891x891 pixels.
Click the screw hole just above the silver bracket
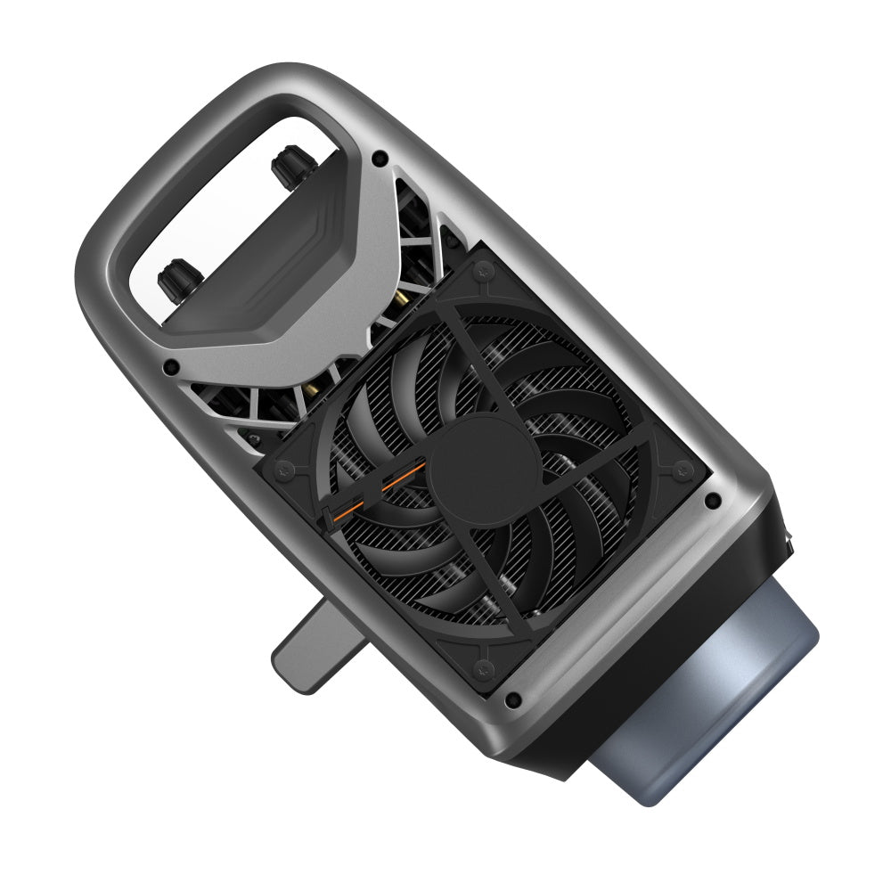pyautogui.click(x=380, y=158)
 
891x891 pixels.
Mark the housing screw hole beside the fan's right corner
pyautogui.click(x=712, y=502)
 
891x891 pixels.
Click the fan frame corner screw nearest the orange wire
pyautogui.click(x=289, y=468)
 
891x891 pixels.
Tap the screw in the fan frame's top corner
pyautogui.click(x=484, y=267)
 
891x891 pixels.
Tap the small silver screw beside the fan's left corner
pyautogui.click(x=255, y=437)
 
